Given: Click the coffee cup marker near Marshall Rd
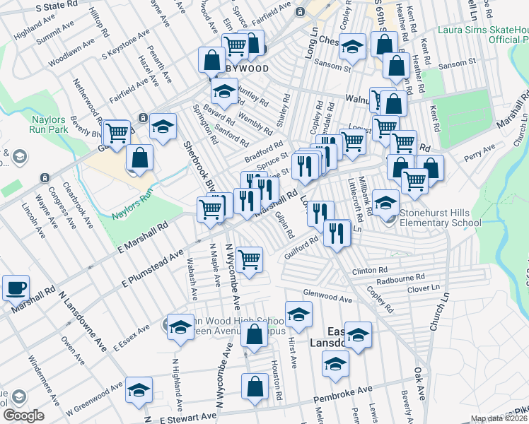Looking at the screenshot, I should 16,288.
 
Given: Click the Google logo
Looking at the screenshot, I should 24,416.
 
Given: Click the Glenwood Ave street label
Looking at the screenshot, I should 327,299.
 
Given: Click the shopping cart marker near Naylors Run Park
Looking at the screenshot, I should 117,132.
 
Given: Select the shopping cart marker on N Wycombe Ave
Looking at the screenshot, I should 249,259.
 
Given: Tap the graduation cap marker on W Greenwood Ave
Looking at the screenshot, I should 139,391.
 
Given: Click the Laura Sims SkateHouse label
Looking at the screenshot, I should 483,35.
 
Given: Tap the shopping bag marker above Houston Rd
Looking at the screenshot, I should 254,387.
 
